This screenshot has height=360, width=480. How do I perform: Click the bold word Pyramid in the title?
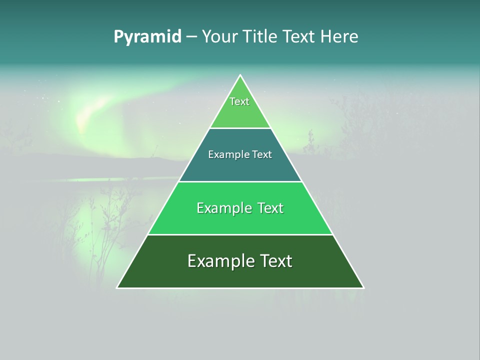(147, 36)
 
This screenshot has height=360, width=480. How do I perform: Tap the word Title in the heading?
(261, 36)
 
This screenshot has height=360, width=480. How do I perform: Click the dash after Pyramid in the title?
(191, 37)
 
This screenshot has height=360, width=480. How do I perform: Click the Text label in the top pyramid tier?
(239, 101)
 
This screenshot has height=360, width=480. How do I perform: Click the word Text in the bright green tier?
(270, 208)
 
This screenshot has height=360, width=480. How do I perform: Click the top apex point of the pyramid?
(240, 75)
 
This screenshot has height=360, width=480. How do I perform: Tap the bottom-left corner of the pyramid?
(117, 287)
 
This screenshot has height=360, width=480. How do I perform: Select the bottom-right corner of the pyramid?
(363, 287)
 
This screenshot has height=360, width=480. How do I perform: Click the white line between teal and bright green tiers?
(240, 181)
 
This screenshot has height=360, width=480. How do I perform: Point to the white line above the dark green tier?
(240, 234)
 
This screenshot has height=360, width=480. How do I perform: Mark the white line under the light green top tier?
(240, 128)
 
